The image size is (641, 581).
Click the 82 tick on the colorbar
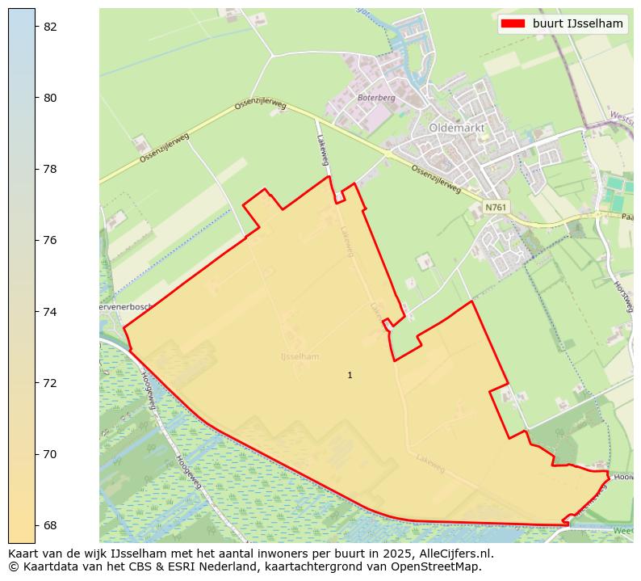tap(50, 27)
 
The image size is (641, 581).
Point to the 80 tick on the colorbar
tap(50, 98)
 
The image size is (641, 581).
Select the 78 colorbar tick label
tap(50, 169)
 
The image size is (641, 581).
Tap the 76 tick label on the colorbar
tap(50, 240)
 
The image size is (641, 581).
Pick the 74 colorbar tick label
tap(50, 311)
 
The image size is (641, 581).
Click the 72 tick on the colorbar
tap(50, 382)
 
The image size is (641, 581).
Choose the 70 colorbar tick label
tap(50, 454)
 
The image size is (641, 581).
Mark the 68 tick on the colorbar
tap(50, 525)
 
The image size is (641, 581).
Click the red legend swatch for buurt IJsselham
tap(513, 23)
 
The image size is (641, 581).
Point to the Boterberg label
tap(375, 98)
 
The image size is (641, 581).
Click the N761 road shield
tap(495, 208)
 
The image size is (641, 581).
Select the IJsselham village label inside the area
tap(300, 356)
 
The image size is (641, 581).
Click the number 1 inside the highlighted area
tap(350, 375)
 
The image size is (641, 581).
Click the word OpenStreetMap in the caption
tap(442, 566)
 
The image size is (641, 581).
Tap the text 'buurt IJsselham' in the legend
tap(577, 23)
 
